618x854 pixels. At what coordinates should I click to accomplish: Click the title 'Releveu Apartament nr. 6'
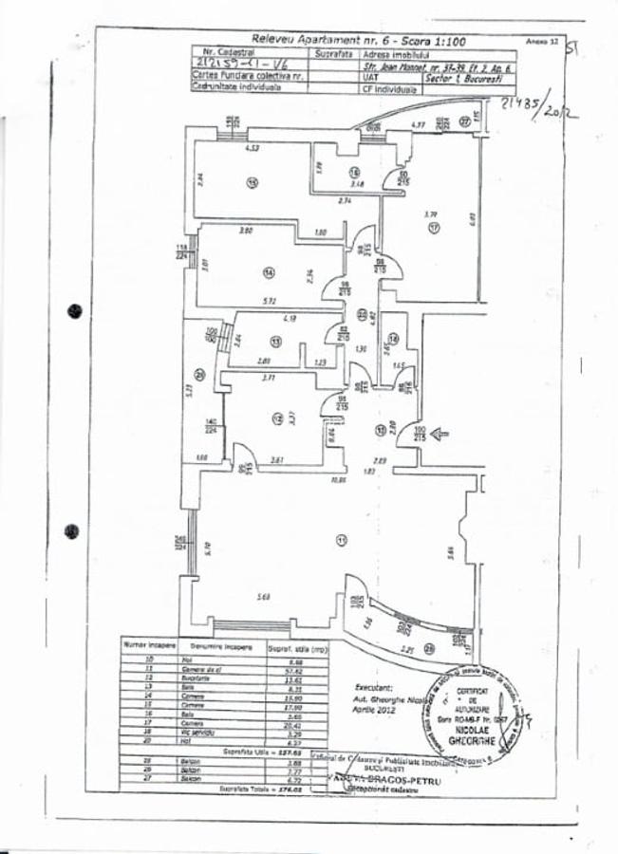(304, 42)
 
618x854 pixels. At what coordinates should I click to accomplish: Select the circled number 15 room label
(253, 183)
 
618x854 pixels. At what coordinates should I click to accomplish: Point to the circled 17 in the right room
(432, 229)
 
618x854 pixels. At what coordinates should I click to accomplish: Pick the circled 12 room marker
(277, 417)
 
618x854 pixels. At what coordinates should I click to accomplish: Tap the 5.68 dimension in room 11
(265, 596)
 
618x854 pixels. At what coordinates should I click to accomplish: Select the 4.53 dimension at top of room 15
(253, 149)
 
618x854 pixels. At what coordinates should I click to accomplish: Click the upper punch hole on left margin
(74, 310)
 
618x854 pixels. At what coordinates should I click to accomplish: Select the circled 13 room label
(275, 342)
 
